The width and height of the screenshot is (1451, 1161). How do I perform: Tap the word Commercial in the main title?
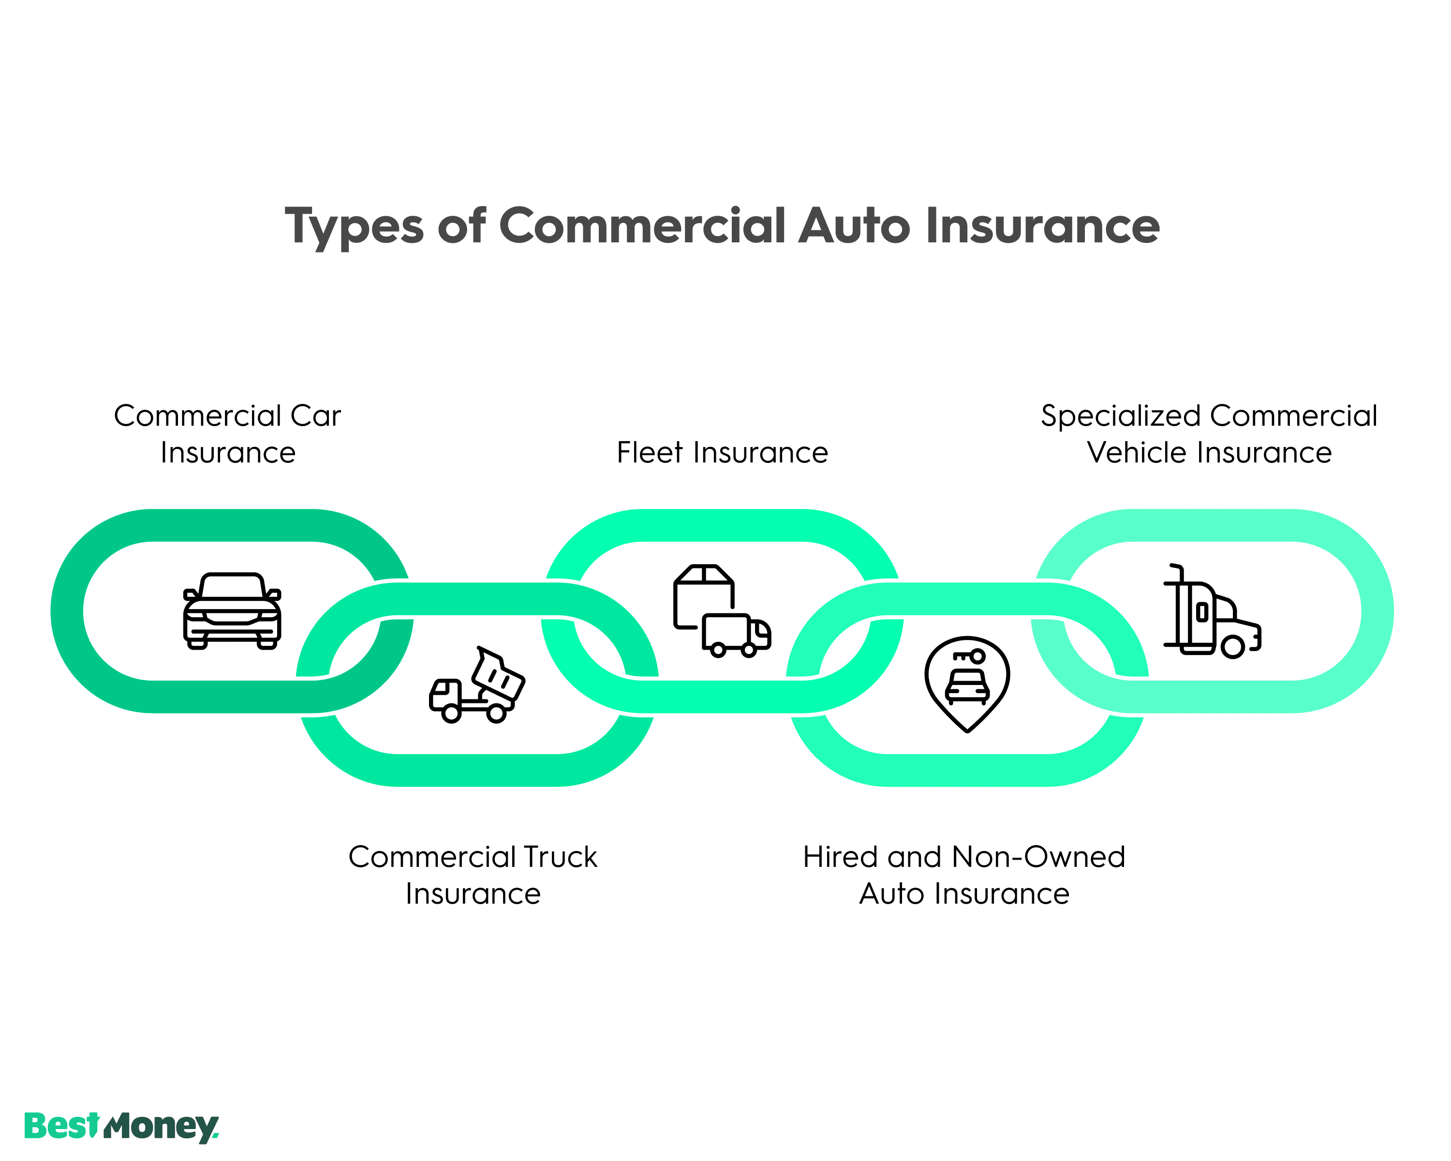coord(642,225)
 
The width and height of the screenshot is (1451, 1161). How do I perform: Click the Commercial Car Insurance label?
coord(227,434)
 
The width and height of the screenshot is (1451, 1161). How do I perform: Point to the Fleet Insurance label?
coord(722,453)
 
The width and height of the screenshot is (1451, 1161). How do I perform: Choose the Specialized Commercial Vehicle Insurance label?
coord(1209,434)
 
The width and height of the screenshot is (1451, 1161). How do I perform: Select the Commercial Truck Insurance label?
coord(473,875)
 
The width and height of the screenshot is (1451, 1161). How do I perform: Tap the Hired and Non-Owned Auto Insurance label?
coord(964,875)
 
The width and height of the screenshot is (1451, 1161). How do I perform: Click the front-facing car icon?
coord(232,611)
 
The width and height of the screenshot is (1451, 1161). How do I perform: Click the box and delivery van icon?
coord(722,611)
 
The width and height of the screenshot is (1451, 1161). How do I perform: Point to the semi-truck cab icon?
coord(1212,611)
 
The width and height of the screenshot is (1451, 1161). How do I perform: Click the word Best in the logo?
coord(62,1127)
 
